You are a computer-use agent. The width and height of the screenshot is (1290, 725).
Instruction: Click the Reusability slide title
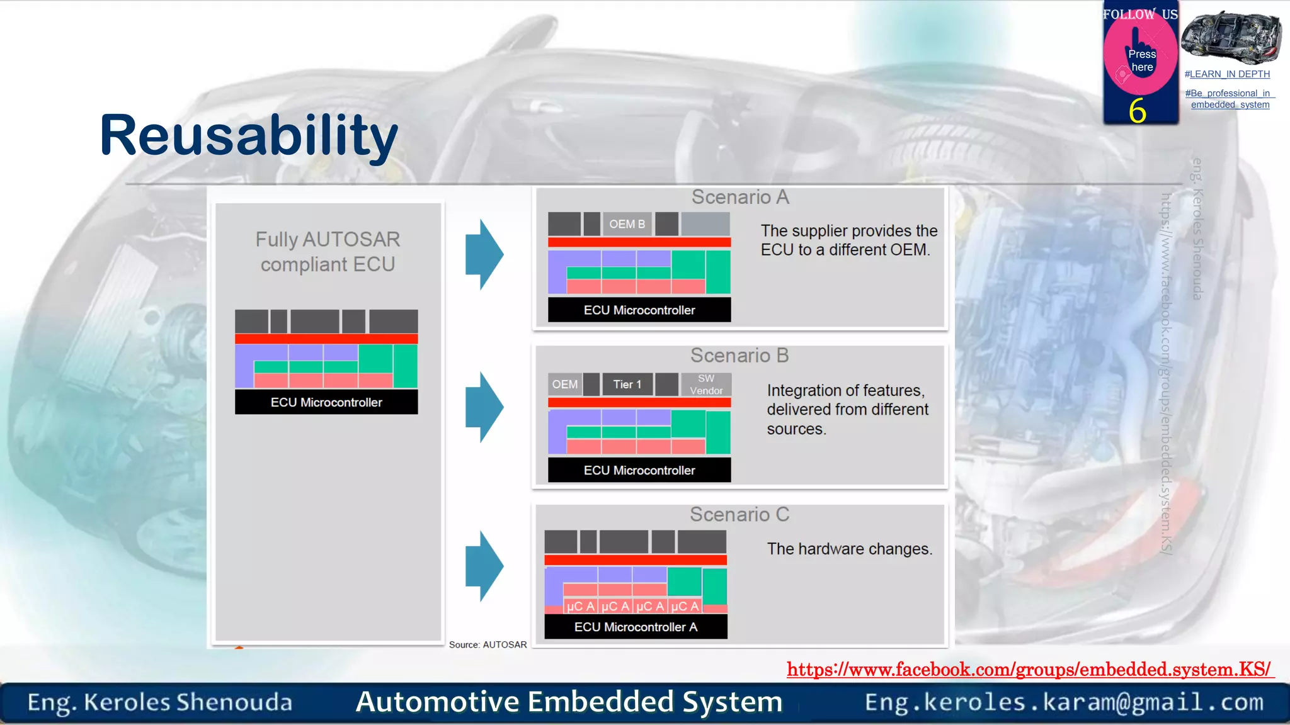pyautogui.click(x=249, y=135)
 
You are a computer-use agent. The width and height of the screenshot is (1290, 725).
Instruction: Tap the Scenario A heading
pyautogui.click(x=740, y=197)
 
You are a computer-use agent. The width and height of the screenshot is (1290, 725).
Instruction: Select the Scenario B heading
pyautogui.click(x=739, y=356)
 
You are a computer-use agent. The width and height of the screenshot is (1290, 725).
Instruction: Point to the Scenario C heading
pyautogui.click(x=739, y=515)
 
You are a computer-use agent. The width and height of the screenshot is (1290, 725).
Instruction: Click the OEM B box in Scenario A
pyautogui.click(x=627, y=224)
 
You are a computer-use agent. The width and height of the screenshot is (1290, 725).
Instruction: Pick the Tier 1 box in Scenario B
pyautogui.click(x=627, y=385)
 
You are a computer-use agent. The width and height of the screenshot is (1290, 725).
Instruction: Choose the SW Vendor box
pyautogui.click(x=706, y=385)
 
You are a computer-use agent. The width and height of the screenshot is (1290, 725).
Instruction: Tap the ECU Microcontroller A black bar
pyautogui.click(x=636, y=627)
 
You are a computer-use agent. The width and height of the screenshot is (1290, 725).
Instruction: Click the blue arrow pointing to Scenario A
pyautogui.click(x=484, y=254)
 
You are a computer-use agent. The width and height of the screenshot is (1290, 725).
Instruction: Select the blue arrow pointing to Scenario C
pyautogui.click(x=484, y=566)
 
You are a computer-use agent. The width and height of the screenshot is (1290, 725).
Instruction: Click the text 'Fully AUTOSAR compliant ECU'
pyautogui.click(x=328, y=252)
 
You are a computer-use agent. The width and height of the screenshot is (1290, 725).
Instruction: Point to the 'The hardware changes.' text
pyautogui.click(x=849, y=549)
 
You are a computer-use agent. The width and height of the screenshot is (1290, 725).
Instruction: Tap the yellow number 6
pyautogui.click(x=1137, y=111)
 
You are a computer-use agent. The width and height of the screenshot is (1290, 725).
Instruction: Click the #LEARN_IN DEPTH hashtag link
pyautogui.click(x=1227, y=74)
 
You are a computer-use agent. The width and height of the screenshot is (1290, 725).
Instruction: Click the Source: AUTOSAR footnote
pyautogui.click(x=488, y=644)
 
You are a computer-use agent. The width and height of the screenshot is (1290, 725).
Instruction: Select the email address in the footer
pyautogui.click(x=1064, y=702)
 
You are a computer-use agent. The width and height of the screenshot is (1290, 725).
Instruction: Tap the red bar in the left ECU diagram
pyautogui.click(x=326, y=339)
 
